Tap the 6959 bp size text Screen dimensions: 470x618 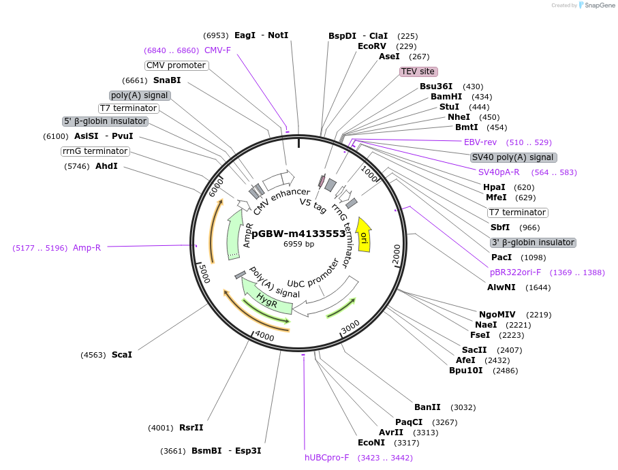[x=299, y=244]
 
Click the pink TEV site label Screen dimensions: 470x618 [x=418, y=72]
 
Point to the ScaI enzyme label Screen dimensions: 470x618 [x=122, y=354]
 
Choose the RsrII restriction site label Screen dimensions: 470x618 [x=191, y=428]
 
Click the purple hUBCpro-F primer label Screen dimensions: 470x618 [x=326, y=458]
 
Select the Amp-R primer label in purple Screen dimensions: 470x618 [x=87, y=248]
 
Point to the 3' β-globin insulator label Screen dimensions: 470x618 [x=533, y=242]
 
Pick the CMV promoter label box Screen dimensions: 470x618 [x=176, y=65]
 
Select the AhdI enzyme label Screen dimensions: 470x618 [x=106, y=166]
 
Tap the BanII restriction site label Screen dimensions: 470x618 [x=427, y=407]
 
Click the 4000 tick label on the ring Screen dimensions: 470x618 [x=263, y=337]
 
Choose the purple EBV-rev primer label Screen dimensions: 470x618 [x=480, y=142]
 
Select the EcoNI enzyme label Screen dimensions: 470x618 [x=371, y=443]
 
